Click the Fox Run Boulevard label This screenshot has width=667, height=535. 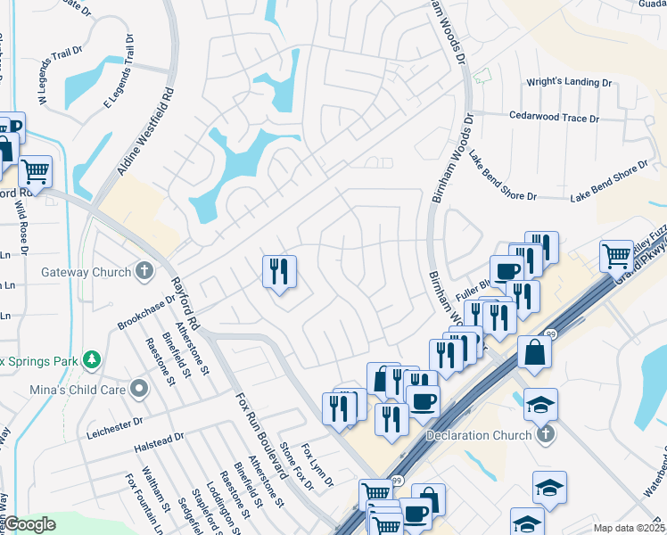click(259, 436)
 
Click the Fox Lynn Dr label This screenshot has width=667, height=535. click(317, 465)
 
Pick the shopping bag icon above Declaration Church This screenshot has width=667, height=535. click(533, 351)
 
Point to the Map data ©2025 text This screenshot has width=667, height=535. click(628, 528)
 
